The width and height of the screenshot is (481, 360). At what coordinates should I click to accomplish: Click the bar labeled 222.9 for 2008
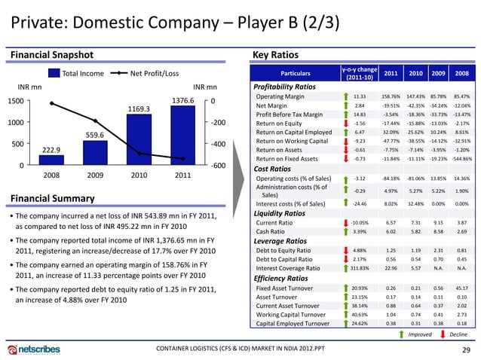click(x=51, y=159)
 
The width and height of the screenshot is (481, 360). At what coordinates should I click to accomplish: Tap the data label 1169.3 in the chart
click(x=138, y=108)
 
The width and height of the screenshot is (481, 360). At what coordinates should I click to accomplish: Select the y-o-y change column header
click(x=359, y=73)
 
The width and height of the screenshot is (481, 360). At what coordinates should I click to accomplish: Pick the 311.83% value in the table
click(x=359, y=269)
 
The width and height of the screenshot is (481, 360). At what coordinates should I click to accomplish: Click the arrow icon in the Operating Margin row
click(x=337, y=97)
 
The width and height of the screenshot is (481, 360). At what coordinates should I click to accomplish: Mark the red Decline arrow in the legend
click(x=438, y=335)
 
